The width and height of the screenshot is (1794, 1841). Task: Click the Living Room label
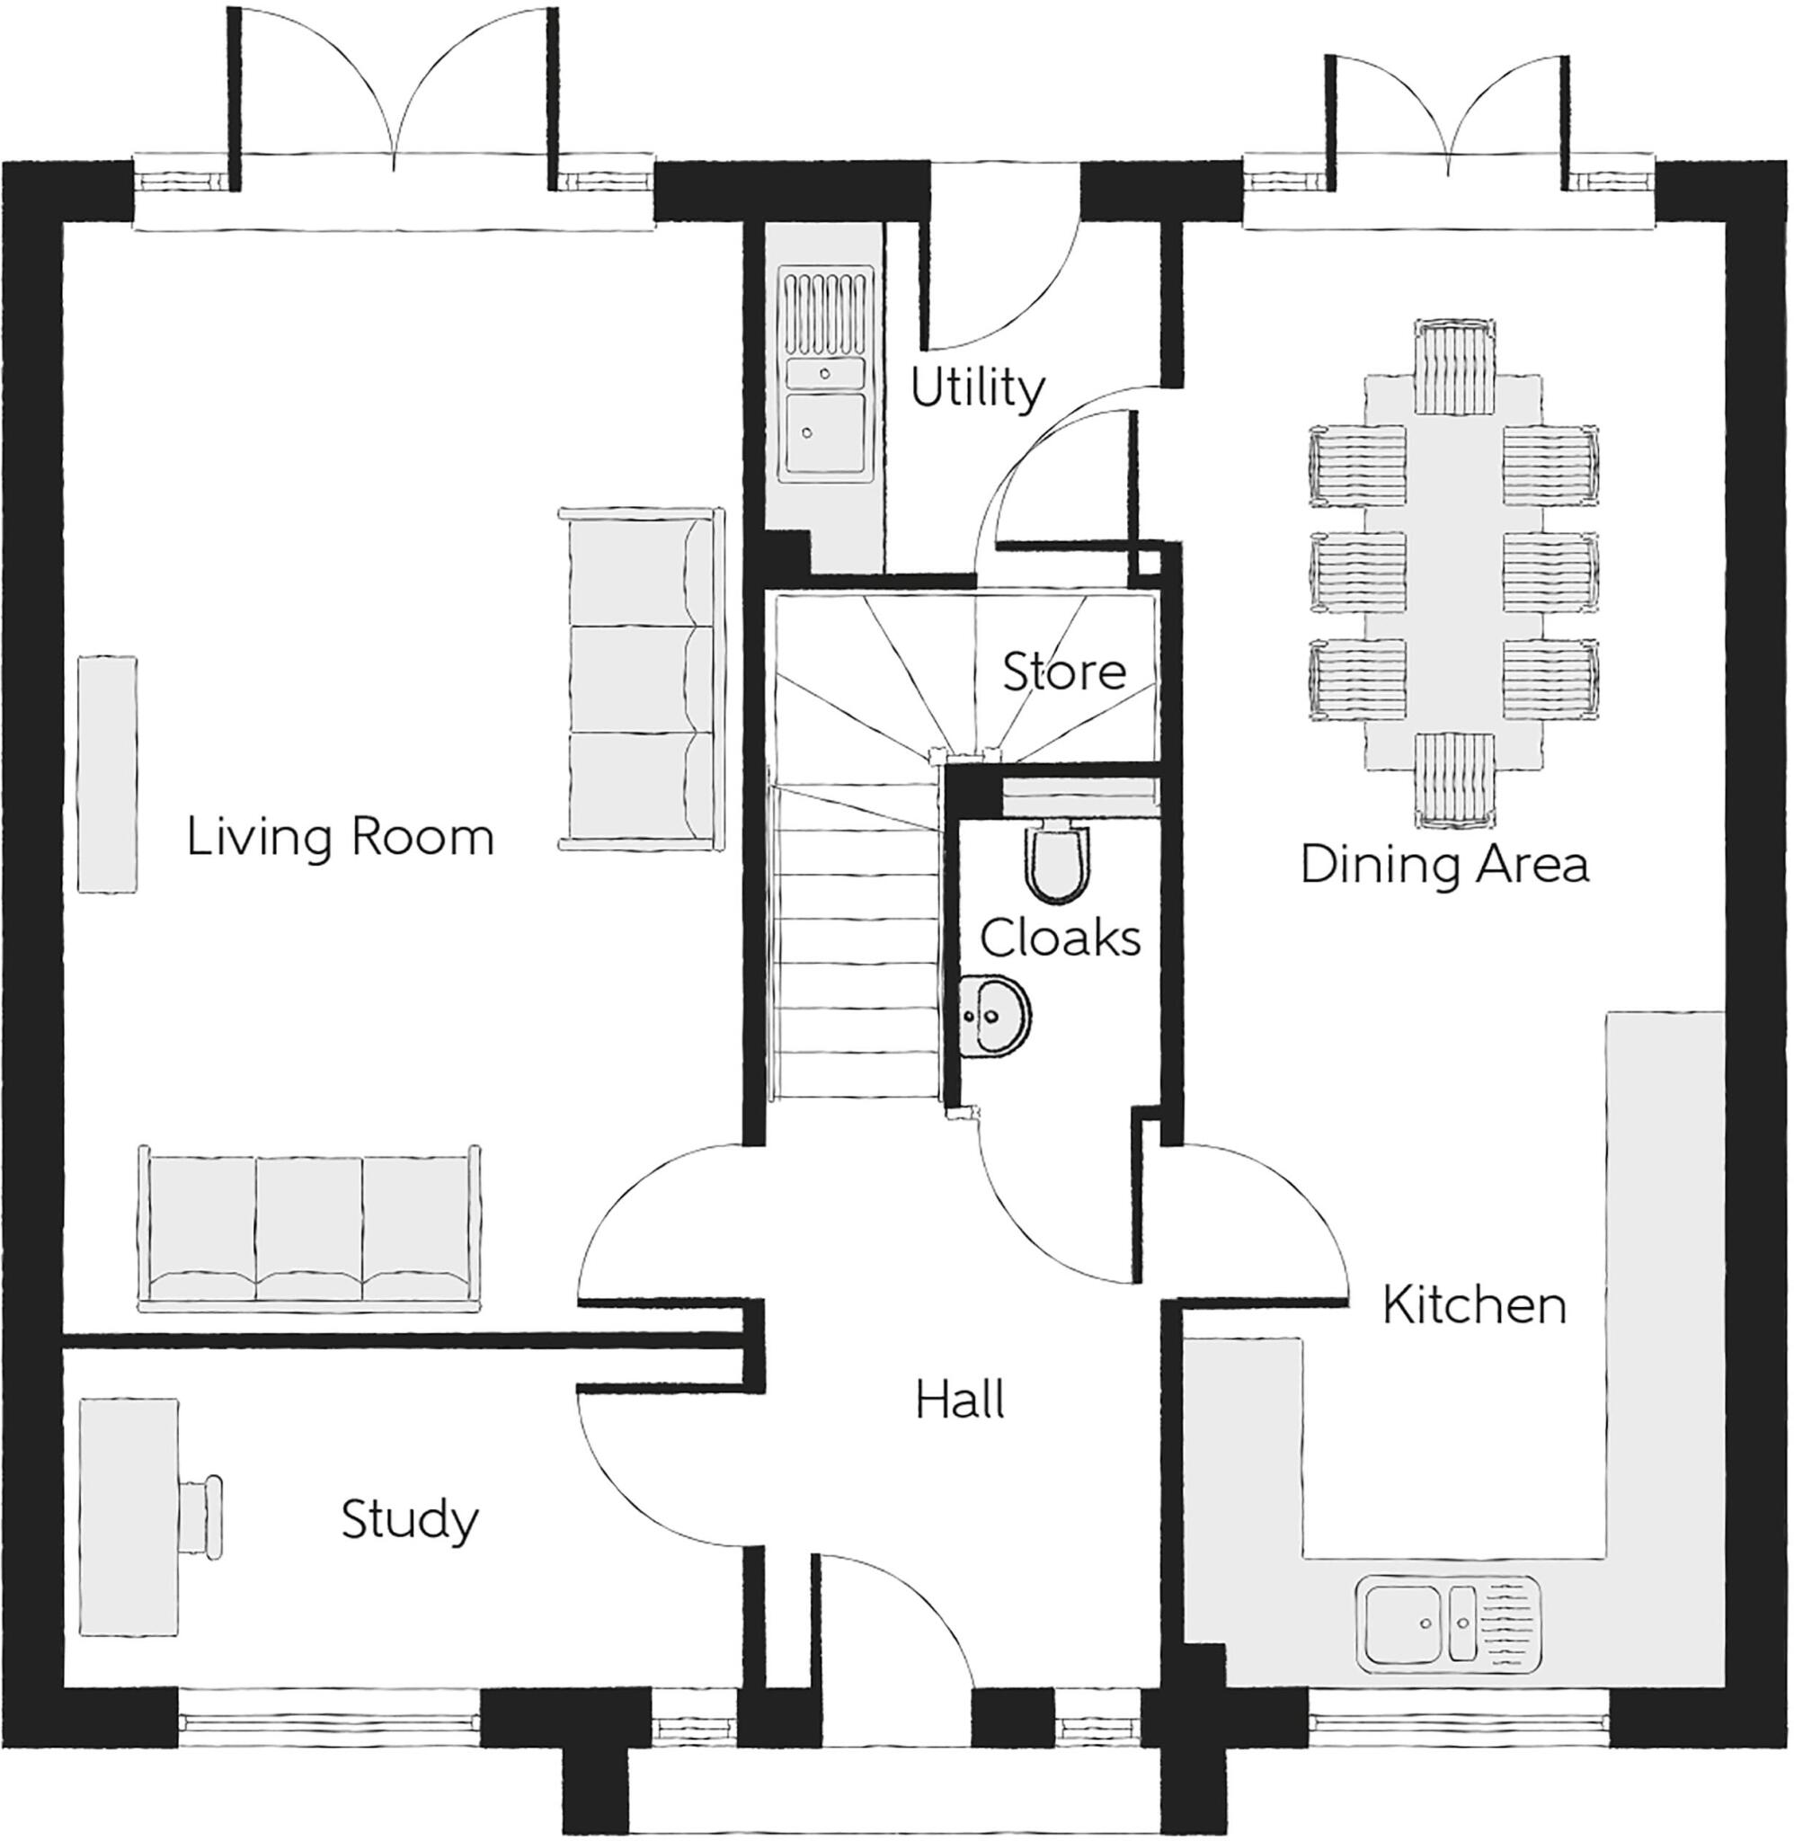[340, 837]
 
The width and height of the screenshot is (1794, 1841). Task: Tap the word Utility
[977, 387]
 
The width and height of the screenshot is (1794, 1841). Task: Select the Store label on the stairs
[1064, 671]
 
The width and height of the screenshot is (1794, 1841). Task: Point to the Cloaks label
[1060, 938]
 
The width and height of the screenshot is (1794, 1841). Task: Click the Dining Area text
[1444, 864]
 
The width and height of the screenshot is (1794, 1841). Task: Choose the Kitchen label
[1474, 1305]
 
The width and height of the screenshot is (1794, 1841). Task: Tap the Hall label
[959, 1400]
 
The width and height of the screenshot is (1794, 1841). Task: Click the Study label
[409, 1519]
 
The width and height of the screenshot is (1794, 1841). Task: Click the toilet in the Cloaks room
[1058, 859]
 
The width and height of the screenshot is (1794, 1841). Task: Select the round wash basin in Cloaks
[996, 1016]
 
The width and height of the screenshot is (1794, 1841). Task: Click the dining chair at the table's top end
[1454, 367]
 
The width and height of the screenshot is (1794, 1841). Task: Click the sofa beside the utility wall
[641, 678]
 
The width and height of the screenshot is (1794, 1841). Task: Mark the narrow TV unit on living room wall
[106, 773]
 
